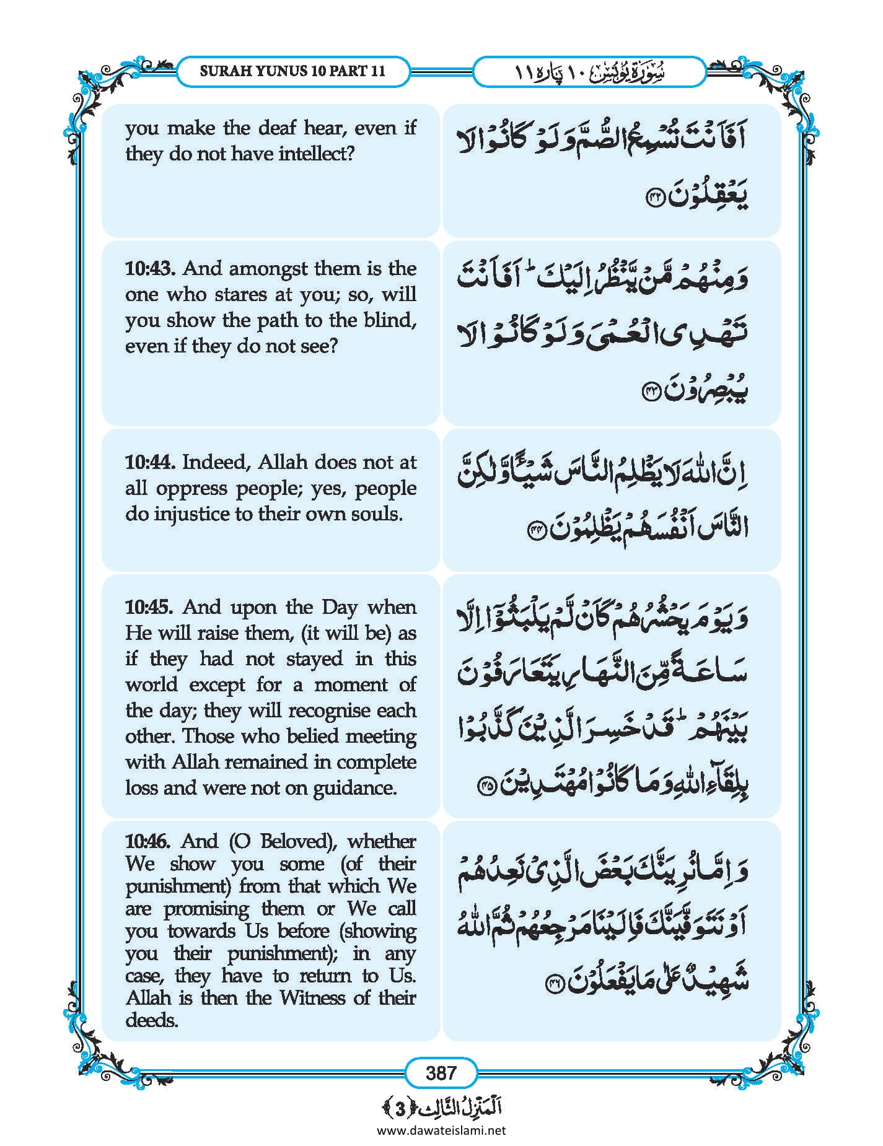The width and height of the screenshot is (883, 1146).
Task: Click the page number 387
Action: pos(441,1072)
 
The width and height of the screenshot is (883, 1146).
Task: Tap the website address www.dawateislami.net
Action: pos(441,1130)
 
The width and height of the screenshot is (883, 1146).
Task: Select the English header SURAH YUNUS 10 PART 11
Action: pos(292,71)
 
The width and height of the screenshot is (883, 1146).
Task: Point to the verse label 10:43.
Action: pos(151,269)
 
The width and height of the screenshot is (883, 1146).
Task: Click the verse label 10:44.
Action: pos(151,463)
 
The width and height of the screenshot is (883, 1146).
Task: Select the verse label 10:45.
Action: pos(151,608)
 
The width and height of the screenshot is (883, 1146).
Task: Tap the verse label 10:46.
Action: pos(151,841)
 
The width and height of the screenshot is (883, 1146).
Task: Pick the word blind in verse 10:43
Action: pos(389,320)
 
